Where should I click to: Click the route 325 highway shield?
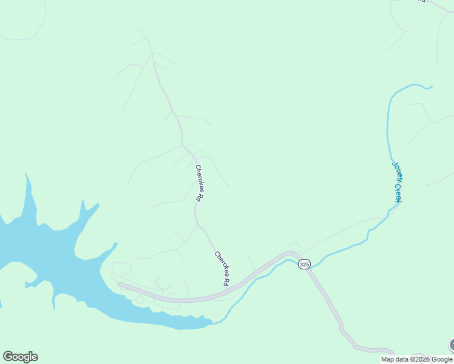click(x=304, y=265)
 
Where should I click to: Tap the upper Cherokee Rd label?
click(x=198, y=183)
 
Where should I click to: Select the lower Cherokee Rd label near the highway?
click(x=222, y=268)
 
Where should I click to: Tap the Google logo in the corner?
click(x=20, y=357)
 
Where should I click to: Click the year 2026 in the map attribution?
click(x=422, y=359)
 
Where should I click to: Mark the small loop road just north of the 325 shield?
click(x=295, y=247)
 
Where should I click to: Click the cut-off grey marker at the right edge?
click(x=452, y=345)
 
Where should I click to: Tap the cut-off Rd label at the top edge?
click(x=421, y=1)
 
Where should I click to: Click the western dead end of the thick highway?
click(x=120, y=284)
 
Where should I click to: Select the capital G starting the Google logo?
click(x=8, y=357)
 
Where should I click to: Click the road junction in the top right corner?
click(x=449, y=11)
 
